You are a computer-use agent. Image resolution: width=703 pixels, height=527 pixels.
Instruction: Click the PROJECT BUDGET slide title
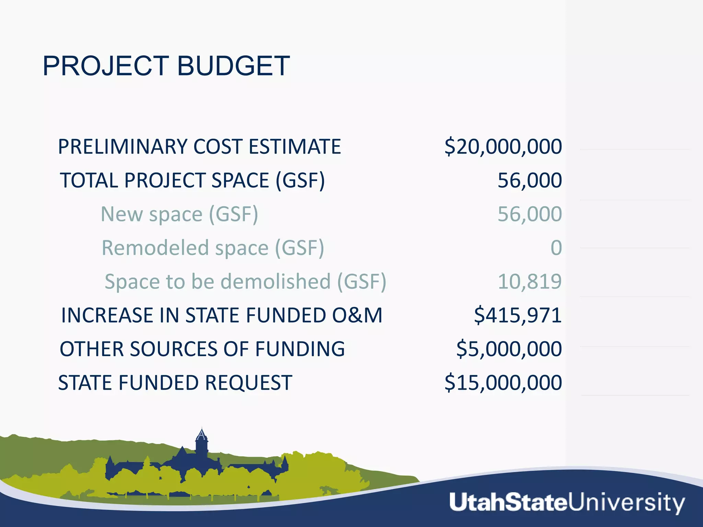166,66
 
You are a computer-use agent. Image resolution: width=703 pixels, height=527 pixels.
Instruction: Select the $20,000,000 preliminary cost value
503,147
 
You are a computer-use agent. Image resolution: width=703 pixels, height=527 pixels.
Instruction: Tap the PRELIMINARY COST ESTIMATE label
199,147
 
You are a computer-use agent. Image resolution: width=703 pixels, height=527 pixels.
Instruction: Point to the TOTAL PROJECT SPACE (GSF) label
192,180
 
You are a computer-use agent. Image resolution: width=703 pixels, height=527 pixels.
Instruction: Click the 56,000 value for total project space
530,180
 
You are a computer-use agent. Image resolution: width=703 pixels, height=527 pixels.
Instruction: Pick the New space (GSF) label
179,214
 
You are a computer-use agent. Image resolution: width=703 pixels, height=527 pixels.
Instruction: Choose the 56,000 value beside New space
530,214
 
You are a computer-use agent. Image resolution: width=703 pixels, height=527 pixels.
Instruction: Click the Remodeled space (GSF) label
213,248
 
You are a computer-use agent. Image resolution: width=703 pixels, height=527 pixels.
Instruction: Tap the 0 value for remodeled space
556,248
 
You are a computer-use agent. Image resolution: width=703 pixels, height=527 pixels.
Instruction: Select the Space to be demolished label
245,281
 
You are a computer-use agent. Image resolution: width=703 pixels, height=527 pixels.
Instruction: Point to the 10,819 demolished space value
530,281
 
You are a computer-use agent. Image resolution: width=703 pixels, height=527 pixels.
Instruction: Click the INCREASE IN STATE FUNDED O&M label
222,315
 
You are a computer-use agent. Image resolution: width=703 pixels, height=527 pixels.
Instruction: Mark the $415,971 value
518,315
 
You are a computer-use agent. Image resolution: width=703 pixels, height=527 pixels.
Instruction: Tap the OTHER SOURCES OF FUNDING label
202,349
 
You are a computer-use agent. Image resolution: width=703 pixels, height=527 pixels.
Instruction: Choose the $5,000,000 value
509,349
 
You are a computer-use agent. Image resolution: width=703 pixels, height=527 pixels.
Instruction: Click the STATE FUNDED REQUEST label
175,383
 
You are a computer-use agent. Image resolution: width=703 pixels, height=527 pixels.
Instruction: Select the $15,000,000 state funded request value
503,383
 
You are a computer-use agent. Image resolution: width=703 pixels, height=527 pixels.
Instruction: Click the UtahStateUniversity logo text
567,503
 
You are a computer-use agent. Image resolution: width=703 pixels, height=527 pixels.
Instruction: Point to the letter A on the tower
201,435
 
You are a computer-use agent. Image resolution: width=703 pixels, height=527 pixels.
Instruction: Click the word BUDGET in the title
233,66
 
